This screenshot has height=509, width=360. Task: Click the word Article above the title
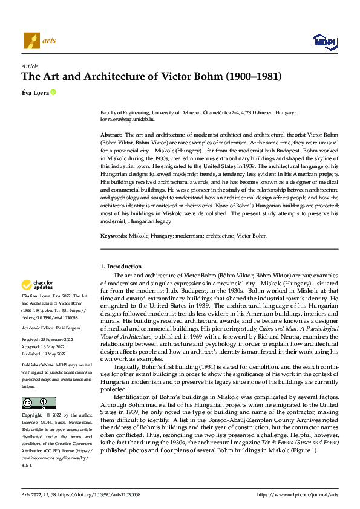coord(30,66)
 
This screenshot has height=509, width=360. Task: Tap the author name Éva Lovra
coord(35,92)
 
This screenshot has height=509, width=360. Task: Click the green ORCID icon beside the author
coord(53,92)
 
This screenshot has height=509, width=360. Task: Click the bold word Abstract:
coord(111,134)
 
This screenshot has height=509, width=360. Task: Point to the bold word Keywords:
coord(113,235)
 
